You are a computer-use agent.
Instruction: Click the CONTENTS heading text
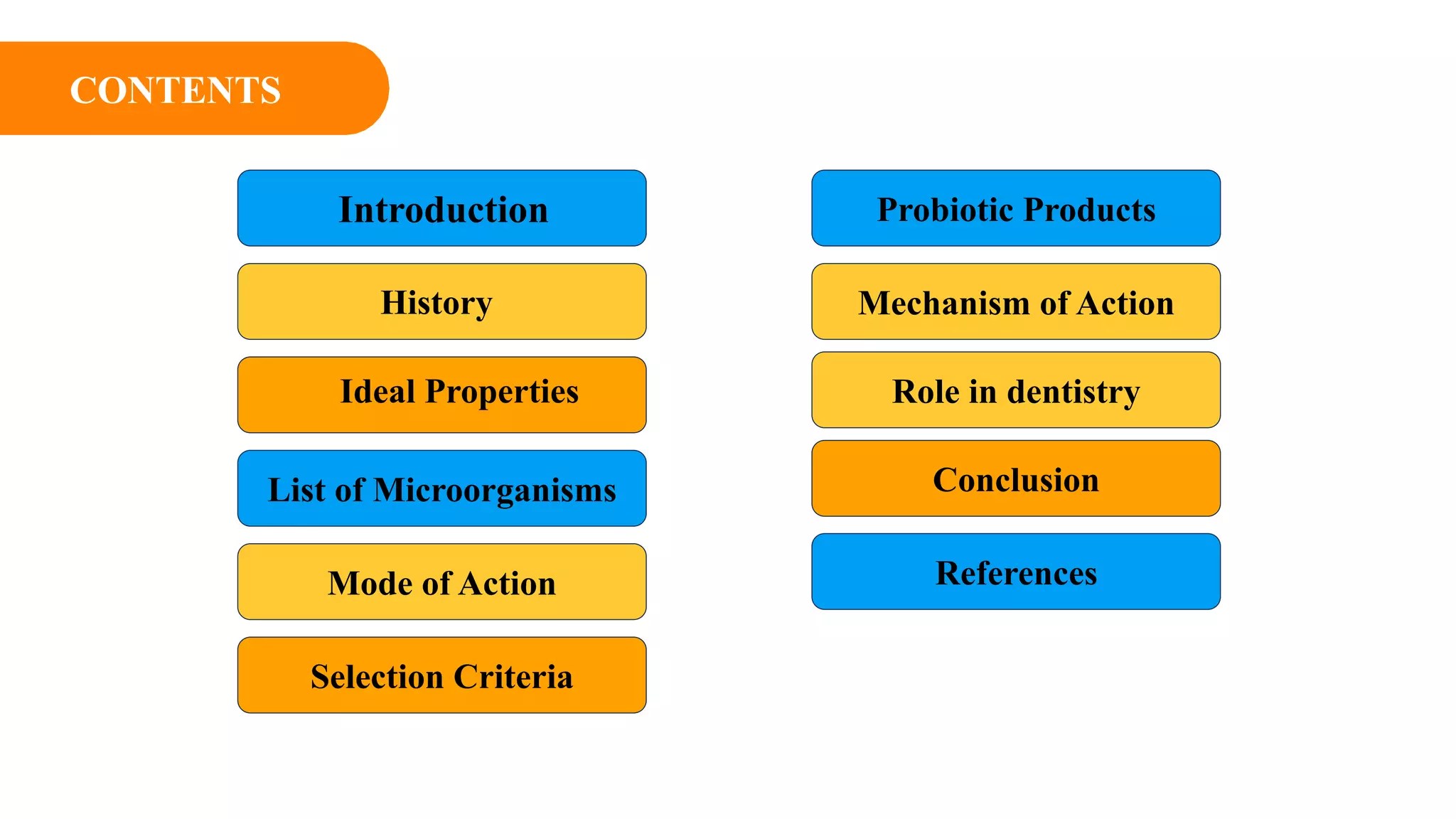pos(175,90)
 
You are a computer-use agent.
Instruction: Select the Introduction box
pos(441,209)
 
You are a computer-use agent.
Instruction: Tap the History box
pos(441,302)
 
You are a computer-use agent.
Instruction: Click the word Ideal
pos(377,392)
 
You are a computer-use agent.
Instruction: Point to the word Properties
pos(502,392)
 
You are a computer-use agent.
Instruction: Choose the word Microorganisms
pos(495,491)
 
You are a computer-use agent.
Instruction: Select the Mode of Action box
pos(441,582)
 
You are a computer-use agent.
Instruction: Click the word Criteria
pos(513,677)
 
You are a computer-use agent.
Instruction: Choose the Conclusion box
pos(1016,479)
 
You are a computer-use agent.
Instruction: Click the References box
pos(1016,572)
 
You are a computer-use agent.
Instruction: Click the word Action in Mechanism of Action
pos(1125,304)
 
